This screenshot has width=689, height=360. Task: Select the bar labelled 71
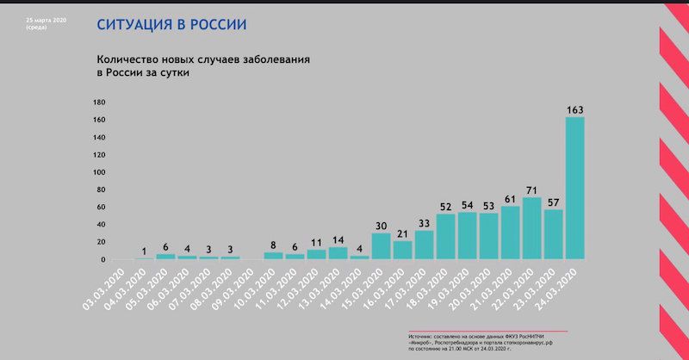click(x=531, y=228)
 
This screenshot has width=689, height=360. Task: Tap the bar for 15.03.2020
click(x=381, y=245)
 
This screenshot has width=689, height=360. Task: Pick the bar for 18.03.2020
click(x=445, y=236)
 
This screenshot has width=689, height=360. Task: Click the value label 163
click(x=574, y=109)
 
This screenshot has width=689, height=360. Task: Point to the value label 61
click(x=510, y=199)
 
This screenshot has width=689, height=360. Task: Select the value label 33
click(x=424, y=223)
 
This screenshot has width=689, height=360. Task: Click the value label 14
click(x=338, y=240)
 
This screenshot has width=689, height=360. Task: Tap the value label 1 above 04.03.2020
click(x=144, y=251)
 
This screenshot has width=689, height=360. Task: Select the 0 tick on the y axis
click(x=102, y=259)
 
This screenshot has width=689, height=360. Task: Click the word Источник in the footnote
click(x=423, y=336)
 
